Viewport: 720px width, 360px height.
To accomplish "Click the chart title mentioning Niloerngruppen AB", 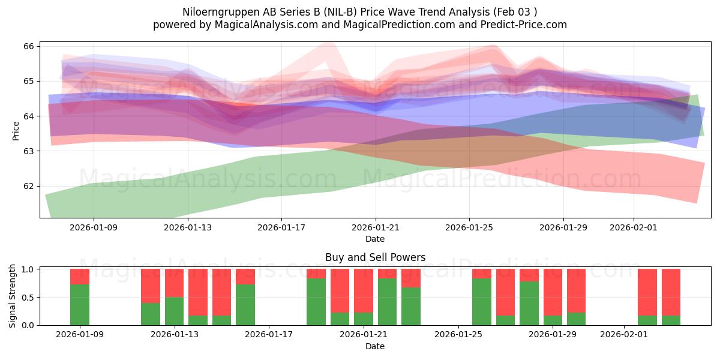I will (x=360, y=11).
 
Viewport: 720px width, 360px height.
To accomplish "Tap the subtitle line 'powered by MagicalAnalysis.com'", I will (x=360, y=25).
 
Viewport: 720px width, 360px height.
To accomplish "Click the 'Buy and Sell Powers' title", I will (x=375, y=257).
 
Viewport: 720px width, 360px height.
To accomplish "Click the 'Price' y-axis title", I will (x=16, y=130).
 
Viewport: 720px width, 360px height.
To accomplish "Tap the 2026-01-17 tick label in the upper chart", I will (x=281, y=227).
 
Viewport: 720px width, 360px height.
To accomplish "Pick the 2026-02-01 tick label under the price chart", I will (x=634, y=227).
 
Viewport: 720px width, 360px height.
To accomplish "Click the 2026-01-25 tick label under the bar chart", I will (x=458, y=334).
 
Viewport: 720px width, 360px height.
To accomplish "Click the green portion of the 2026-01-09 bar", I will (x=80, y=305).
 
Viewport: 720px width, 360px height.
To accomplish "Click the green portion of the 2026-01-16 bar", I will (x=245, y=305).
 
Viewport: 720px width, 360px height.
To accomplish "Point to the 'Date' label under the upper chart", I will (x=375, y=239).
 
